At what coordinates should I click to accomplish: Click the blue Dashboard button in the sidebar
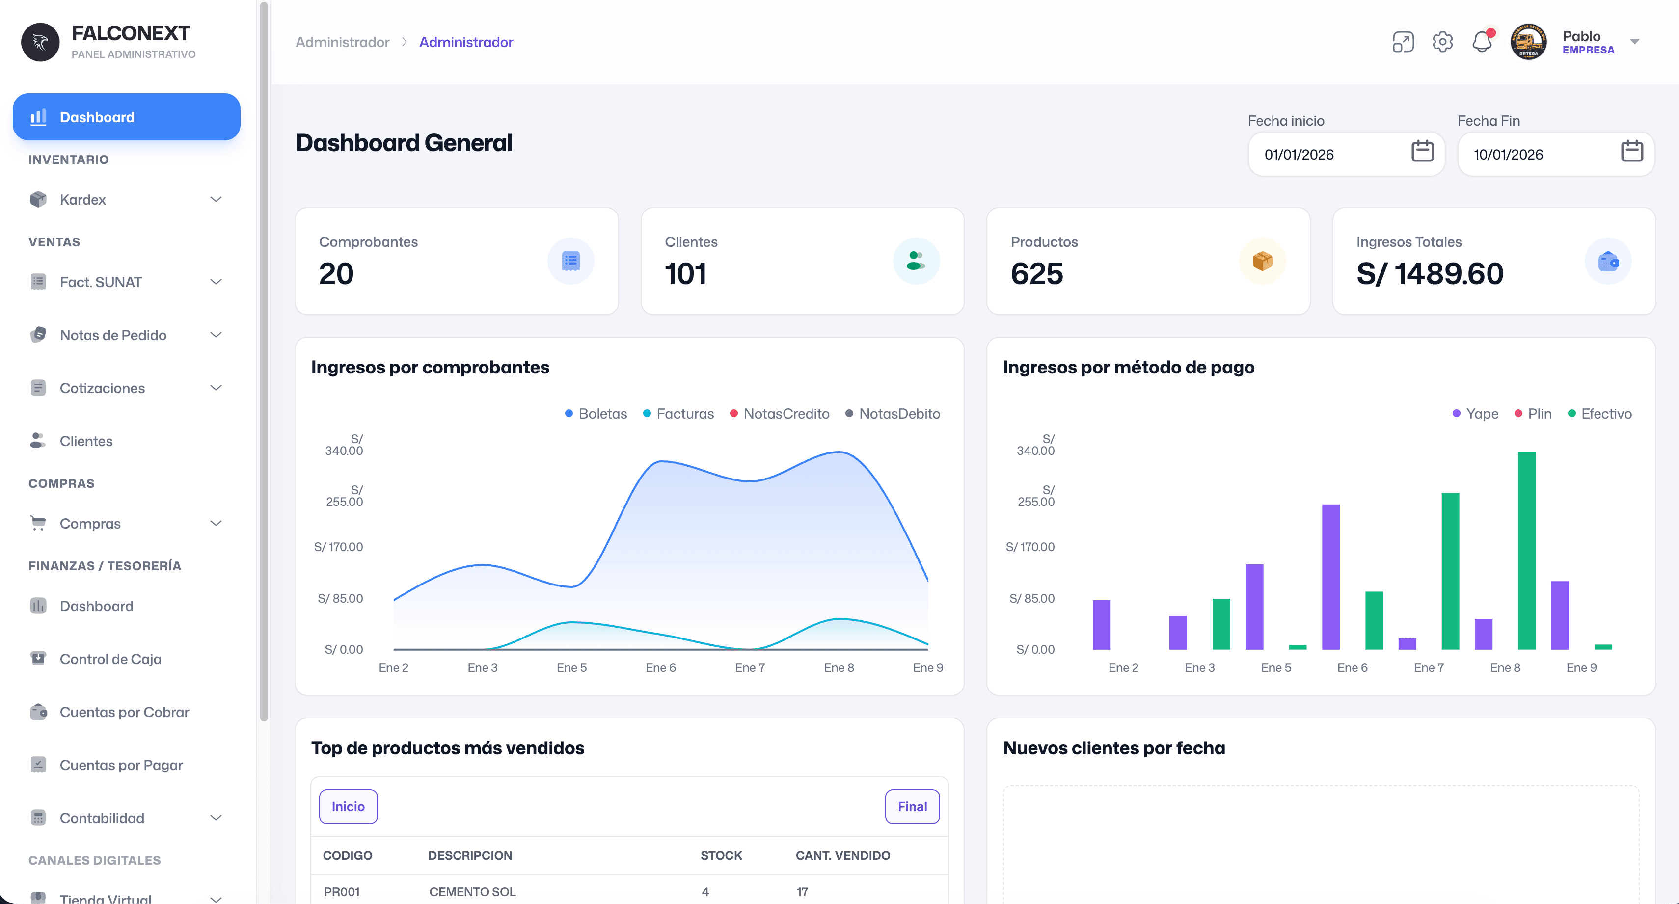click(x=127, y=117)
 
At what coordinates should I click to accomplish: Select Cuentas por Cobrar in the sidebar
click(x=124, y=712)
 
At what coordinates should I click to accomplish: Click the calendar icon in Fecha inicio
click(x=1422, y=151)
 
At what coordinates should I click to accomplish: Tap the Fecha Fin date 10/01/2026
click(x=1508, y=155)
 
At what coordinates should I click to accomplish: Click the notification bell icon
click(x=1482, y=42)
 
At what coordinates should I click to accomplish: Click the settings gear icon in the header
click(x=1442, y=42)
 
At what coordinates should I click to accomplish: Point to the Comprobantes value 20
click(x=336, y=273)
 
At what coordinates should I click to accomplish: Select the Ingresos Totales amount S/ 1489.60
click(x=1430, y=273)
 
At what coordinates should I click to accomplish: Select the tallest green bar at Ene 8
click(x=1526, y=551)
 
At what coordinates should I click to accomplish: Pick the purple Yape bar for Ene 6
click(x=1330, y=577)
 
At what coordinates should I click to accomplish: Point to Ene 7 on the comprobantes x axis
click(x=750, y=667)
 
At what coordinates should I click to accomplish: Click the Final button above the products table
click(x=912, y=806)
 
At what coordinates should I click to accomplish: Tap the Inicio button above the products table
click(x=348, y=806)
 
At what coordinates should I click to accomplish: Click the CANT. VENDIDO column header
click(x=842, y=855)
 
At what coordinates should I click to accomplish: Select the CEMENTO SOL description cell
click(x=472, y=892)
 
